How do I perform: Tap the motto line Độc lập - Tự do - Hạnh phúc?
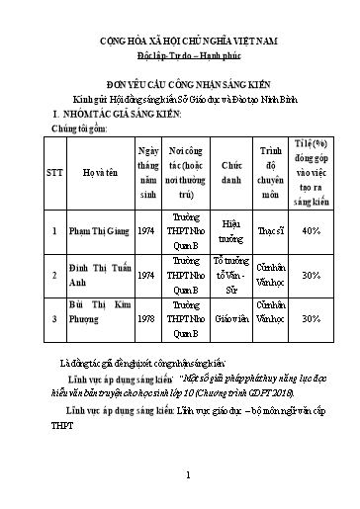coord(180,58)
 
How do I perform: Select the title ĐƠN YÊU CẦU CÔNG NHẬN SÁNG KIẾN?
coord(180,87)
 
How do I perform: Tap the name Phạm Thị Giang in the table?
coord(96,229)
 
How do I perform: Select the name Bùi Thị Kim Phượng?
coord(99,319)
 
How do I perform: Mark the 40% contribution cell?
coord(311,229)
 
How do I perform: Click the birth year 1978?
coord(147,319)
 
